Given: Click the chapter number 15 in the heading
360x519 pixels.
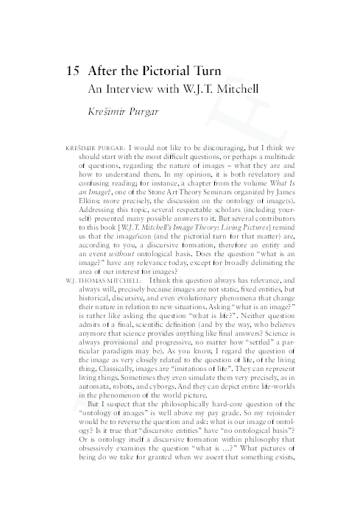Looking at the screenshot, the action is [x=74, y=73].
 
